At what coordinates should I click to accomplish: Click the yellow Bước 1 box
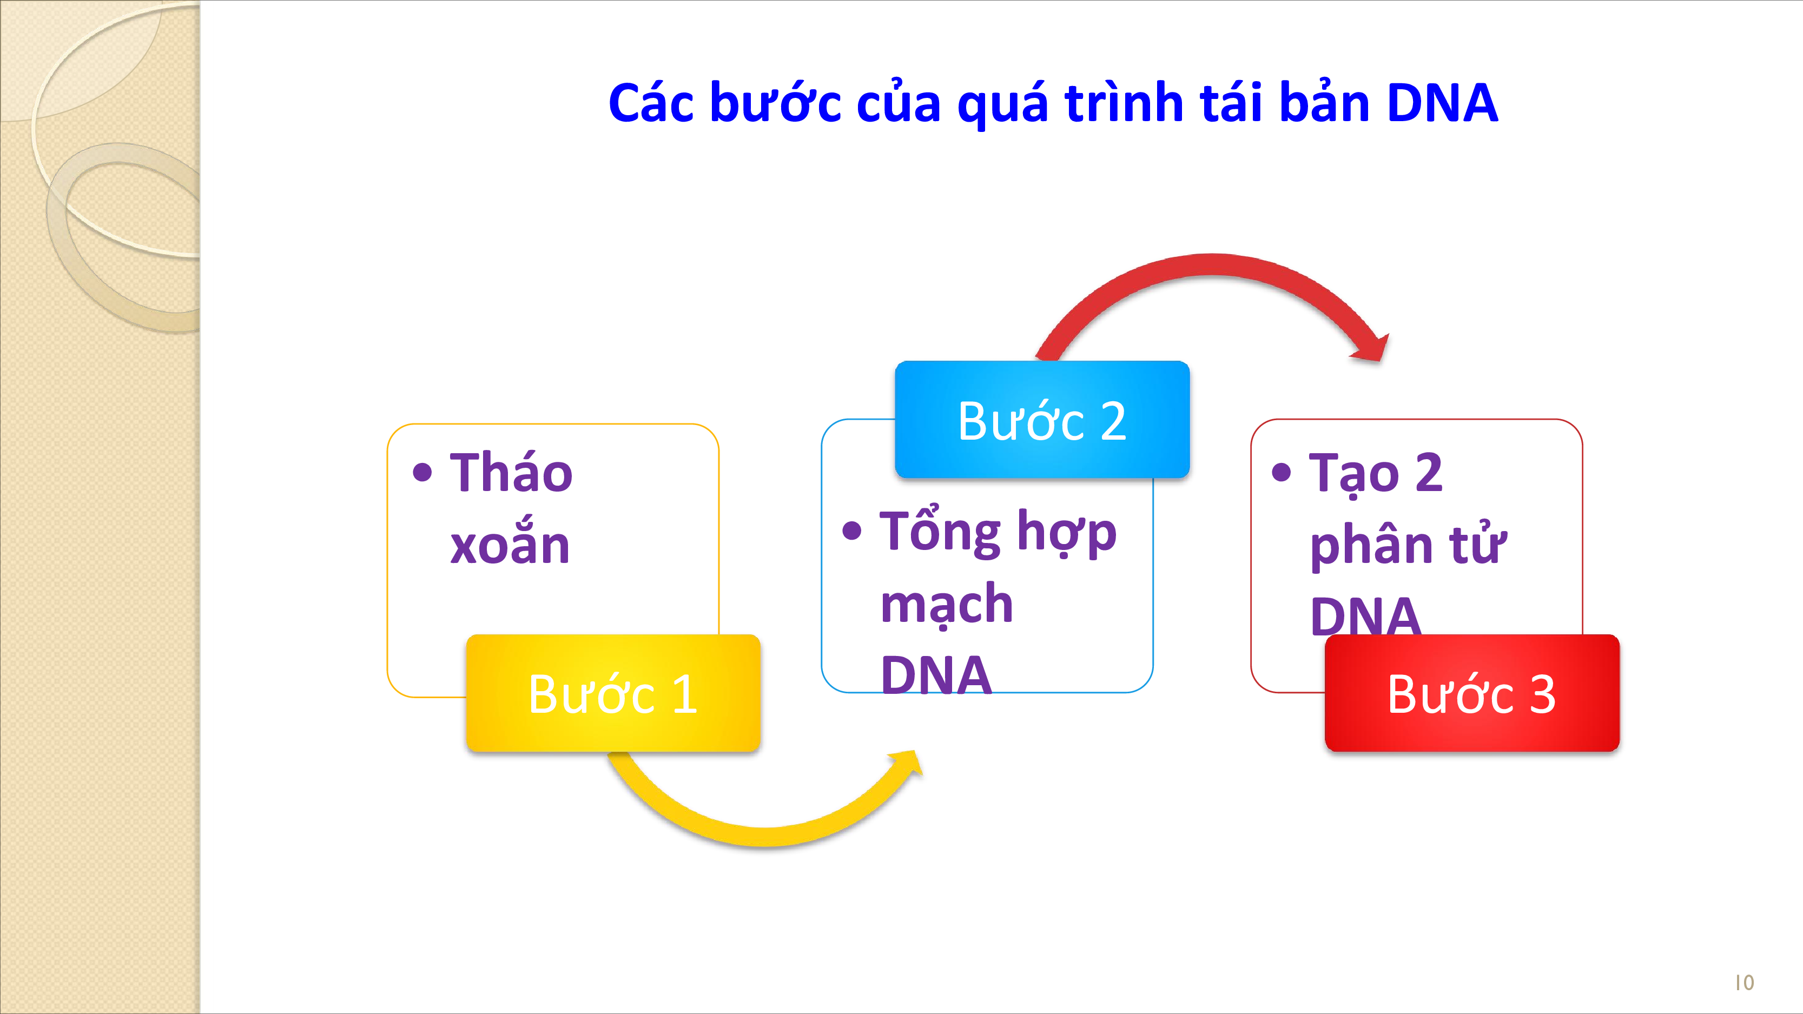tap(613, 693)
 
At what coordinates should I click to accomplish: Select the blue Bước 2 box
tap(1042, 419)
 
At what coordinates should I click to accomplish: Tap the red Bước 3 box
tap(1472, 693)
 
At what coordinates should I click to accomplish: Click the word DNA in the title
tap(1443, 103)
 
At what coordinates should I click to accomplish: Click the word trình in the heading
tap(1125, 103)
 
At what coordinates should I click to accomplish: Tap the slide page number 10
tap(1744, 983)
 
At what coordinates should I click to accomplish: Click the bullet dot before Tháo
tap(422, 472)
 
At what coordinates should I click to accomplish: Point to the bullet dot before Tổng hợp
tap(852, 531)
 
